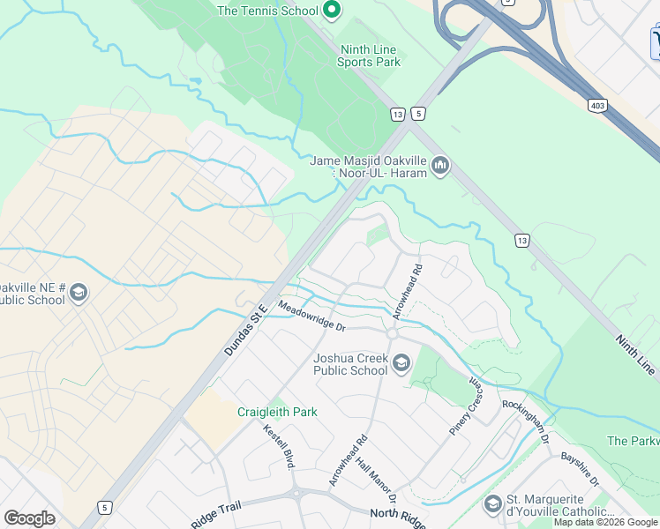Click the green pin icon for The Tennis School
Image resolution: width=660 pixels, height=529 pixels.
click(x=332, y=11)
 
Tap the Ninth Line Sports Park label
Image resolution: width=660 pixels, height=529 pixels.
click(x=368, y=56)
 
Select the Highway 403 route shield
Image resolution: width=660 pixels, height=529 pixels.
click(x=597, y=105)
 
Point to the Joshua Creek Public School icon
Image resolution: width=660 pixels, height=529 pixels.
click(x=402, y=363)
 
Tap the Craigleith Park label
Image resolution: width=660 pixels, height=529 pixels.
click(x=277, y=412)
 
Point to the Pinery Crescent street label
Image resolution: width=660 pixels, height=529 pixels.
click(x=467, y=408)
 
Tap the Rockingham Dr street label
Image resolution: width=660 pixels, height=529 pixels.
click(x=526, y=421)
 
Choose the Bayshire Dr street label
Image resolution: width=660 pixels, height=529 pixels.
click(x=579, y=470)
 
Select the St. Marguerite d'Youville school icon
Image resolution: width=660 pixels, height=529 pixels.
click(x=493, y=503)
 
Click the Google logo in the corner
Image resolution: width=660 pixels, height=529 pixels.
click(x=29, y=518)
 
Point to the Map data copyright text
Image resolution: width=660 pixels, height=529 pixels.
click(x=605, y=522)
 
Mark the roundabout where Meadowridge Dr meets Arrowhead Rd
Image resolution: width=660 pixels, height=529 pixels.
click(x=393, y=334)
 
